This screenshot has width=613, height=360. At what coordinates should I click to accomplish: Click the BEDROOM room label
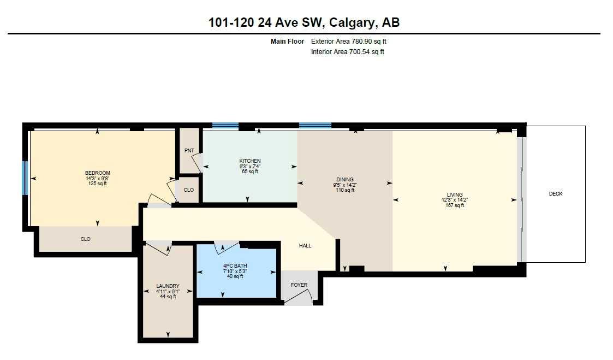97,173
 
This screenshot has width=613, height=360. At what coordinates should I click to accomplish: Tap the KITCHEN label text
250,161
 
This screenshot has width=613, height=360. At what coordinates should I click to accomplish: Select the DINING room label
345,179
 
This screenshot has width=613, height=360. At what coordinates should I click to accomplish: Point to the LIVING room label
455,194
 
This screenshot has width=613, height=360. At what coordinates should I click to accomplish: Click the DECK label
556,194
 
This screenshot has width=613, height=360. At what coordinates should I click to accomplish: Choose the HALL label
305,246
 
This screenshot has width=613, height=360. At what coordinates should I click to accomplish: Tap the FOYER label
299,285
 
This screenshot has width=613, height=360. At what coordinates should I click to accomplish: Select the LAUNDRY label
168,286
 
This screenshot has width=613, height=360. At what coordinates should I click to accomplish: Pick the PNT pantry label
189,150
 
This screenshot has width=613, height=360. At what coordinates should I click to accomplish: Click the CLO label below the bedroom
85,239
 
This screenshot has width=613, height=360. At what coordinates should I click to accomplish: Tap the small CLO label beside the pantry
188,190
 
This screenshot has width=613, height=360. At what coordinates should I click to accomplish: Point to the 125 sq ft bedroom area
97,184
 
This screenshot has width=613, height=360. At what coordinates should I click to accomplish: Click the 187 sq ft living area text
455,205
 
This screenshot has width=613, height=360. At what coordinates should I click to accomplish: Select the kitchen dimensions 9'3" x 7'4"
250,166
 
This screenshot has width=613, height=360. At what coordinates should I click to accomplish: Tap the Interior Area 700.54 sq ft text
347,52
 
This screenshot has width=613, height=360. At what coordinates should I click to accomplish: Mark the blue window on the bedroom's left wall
25,178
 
